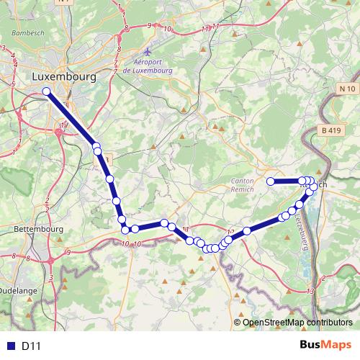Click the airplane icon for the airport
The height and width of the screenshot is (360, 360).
coord(148,52)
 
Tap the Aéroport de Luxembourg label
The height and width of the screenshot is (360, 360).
coord(148,67)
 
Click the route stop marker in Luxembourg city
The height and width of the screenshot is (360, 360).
coord(47,91)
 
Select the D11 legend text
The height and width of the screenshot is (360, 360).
coord(31,346)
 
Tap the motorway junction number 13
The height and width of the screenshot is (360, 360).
coord(310,291)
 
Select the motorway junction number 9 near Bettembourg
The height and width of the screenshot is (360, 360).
coord(67,252)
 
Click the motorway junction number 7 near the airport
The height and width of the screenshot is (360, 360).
coord(115,73)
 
